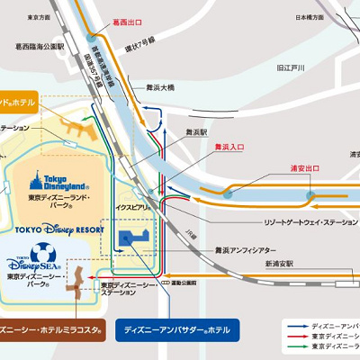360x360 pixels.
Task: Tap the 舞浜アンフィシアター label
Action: coord(237,250)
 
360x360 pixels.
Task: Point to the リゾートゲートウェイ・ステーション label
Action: coord(282,220)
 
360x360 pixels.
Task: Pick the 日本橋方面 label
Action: coord(310,17)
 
